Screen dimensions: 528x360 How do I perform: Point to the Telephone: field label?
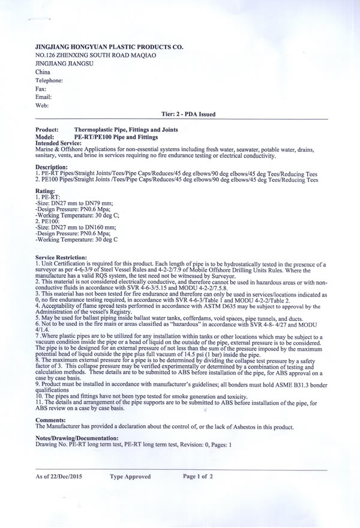click(x=49, y=80)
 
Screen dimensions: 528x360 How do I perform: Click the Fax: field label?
click(x=41, y=88)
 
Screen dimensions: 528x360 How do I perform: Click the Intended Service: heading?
click(x=58, y=143)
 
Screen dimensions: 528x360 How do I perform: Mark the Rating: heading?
click(x=46, y=190)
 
